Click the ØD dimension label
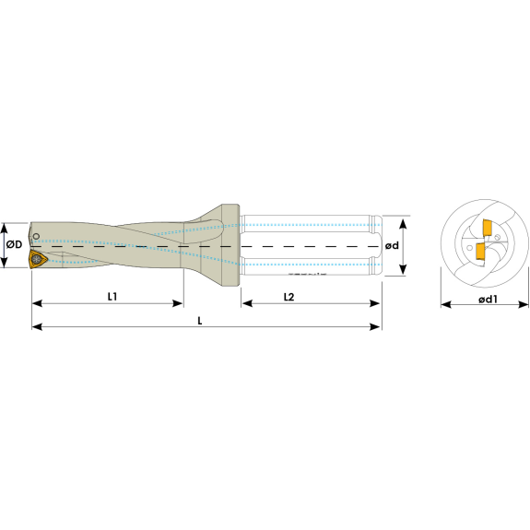(14, 244)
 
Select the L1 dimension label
(112, 297)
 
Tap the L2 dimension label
(289, 297)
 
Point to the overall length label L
(200, 321)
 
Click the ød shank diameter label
(392, 246)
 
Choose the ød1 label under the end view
(488, 300)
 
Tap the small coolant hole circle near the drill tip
(36, 236)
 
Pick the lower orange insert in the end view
(480, 251)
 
